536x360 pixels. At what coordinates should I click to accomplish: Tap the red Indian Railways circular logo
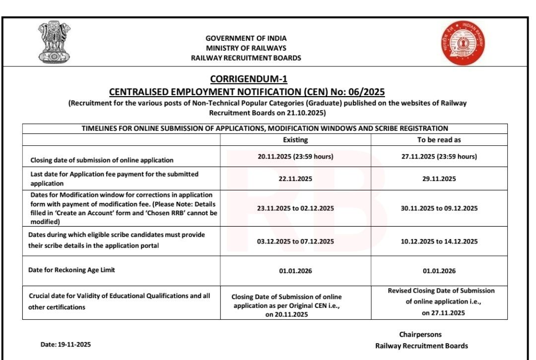pyautogui.click(x=463, y=44)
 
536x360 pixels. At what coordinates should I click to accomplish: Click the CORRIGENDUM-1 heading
pyautogui.click(x=249, y=79)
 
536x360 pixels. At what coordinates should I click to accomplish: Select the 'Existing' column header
pyautogui.click(x=295, y=140)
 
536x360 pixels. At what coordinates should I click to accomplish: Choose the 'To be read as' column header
pyautogui.click(x=439, y=140)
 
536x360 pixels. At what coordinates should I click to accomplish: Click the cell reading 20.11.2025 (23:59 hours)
pyautogui.click(x=295, y=156)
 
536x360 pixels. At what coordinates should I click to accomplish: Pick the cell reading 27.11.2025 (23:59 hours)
pyautogui.click(x=439, y=156)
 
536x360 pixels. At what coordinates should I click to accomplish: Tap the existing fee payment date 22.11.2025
pyautogui.click(x=295, y=179)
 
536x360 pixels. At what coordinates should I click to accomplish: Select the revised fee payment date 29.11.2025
pyautogui.click(x=439, y=179)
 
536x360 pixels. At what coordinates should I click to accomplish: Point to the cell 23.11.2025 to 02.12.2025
pyautogui.click(x=295, y=208)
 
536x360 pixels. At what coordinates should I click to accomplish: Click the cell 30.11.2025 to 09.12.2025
pyautogui.click(x=439, y=208)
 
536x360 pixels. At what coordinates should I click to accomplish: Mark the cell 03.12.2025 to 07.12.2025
pyautogui.click(x=295, y=241)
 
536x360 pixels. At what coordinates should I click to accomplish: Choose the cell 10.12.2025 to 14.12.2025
pyautogui.click(x=439, y=241)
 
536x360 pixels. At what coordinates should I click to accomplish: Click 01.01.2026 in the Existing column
pyautogui.click(x=295, y=271)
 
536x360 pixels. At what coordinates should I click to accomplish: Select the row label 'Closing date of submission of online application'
pyautogui.click(x=102, y=160)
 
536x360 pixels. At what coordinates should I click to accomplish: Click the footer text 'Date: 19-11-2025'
pyautogui.click(x=66, y=345)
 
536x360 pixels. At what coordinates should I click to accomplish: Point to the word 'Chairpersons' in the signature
pyautogui.click(x=420, y=335)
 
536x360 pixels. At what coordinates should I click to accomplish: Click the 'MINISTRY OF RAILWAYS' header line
pyautogui.click(x=246, y=48)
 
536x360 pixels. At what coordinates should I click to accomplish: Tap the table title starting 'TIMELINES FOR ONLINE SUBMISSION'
pyautogui.click(x=265, y=128)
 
